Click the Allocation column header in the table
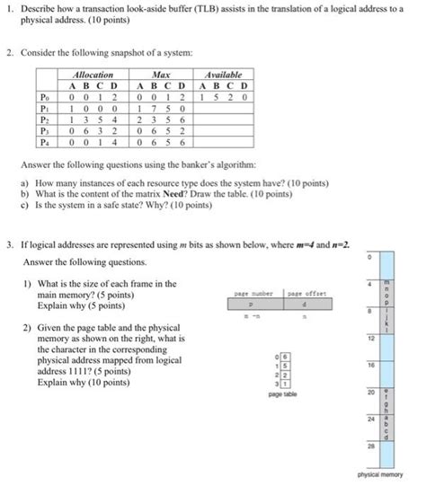(93, 75)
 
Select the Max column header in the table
(162, 75)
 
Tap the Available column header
(225, 75)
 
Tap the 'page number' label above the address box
(253, 293)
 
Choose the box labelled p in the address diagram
(253, 304)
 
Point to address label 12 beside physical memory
(368, 339)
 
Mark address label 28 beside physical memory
(368, 445)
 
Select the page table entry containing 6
(286, 358)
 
